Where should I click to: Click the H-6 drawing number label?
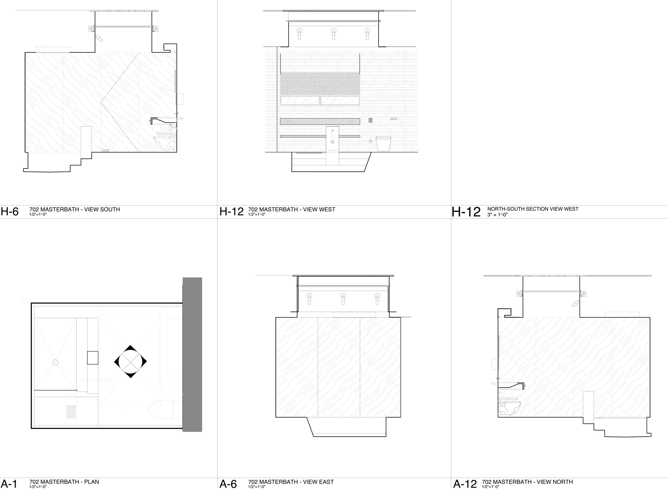pos(10,212)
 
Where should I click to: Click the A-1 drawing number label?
pos(9,483)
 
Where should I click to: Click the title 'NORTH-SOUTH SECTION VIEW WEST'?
pos(533,209)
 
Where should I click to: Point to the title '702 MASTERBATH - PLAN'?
pos(64,482)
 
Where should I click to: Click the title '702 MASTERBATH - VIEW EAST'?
pos(291,482)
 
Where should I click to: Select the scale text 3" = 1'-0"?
pos(498,215)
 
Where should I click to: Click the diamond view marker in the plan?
pos(130,361)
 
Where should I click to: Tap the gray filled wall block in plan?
pos(192,354)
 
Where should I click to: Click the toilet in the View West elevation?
pos(383,144)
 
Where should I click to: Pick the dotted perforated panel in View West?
pos(320,83)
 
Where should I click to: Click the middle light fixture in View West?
pos(333,33)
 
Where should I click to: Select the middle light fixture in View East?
pos(343,298)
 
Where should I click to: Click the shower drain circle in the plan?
pos(55,362)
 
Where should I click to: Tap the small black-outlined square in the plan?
pos(93,358)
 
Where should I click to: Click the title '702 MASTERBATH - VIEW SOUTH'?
pos(74,209)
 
